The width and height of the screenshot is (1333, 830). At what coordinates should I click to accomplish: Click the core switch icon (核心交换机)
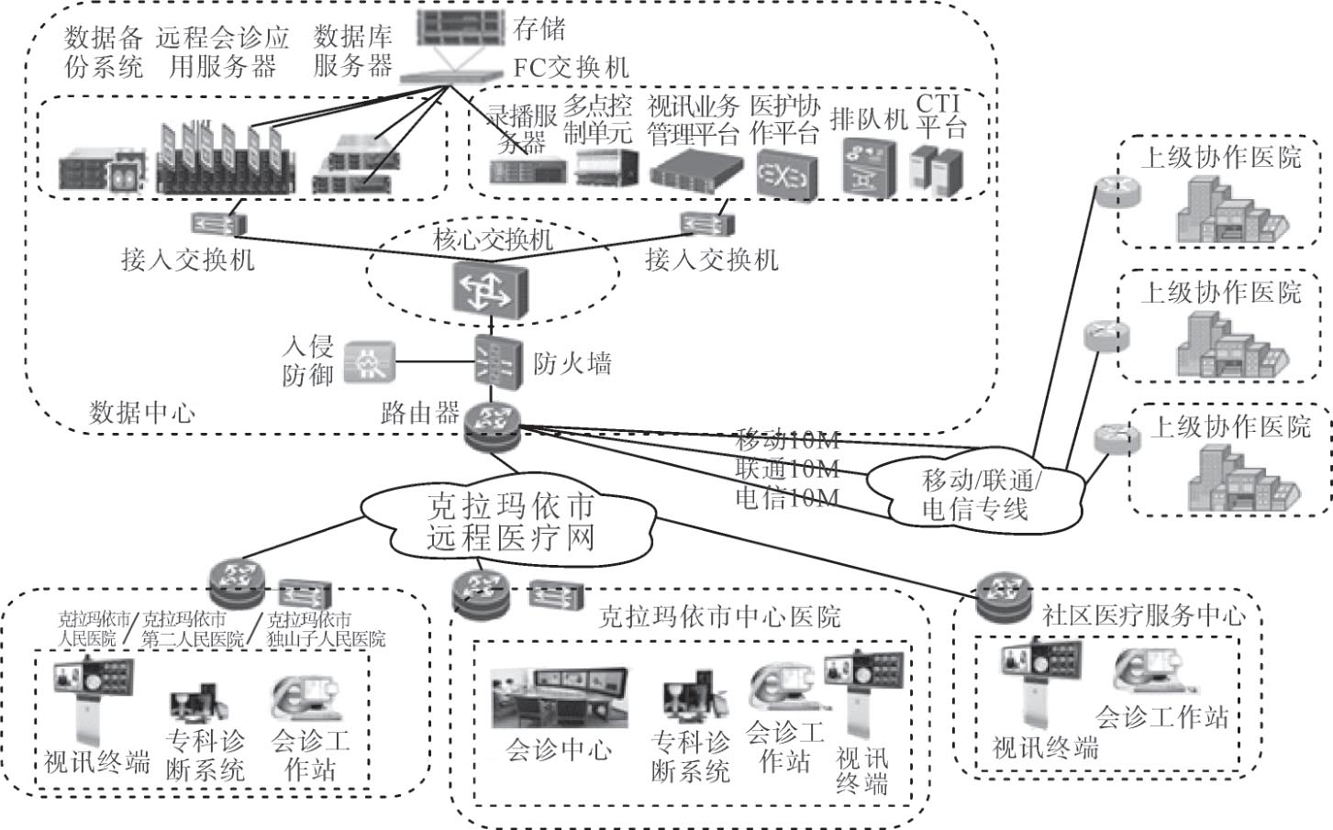[490, 290]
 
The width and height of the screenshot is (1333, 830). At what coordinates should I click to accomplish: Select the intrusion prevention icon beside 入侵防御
[369, 363]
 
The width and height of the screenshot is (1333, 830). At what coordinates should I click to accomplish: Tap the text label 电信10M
[787, 498]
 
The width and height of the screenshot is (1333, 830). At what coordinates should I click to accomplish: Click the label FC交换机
[572, 67]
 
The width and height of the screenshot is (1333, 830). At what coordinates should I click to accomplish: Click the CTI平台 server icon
[936, 172]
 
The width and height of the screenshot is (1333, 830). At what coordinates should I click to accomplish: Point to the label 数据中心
[141, 412]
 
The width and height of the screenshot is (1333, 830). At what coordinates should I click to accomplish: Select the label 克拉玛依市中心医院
[719, 616]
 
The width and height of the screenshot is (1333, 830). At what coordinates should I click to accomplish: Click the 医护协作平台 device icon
[786, 174]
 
